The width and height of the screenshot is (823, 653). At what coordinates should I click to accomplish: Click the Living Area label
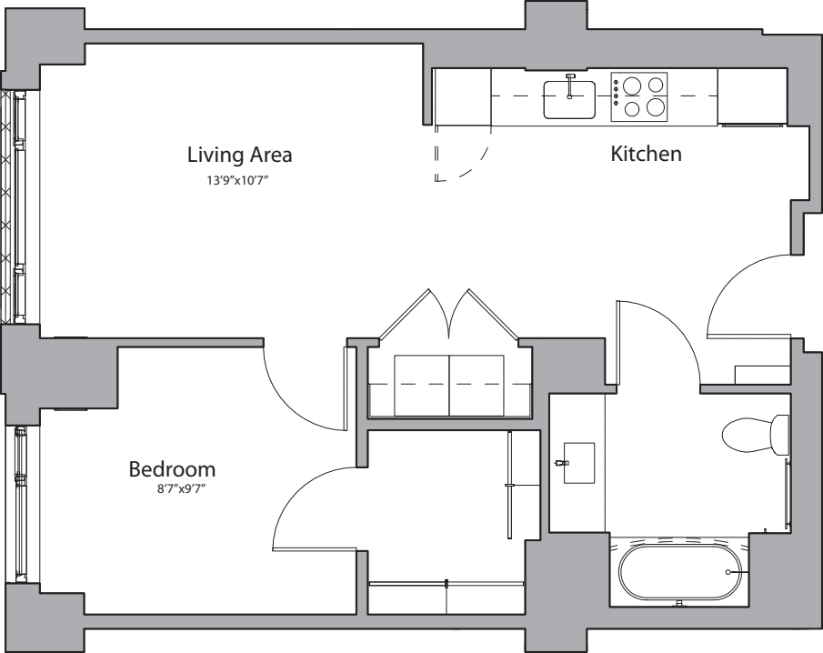(239, 156)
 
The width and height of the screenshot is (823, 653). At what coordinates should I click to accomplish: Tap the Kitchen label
(646, 154)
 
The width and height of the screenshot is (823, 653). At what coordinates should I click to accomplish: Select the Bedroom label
(172, 469)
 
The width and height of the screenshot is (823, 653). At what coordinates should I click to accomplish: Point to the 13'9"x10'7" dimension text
(239, 181)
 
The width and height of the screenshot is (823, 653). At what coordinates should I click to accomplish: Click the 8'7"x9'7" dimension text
(181, 489)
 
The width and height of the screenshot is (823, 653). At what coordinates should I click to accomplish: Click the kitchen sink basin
(569, 99)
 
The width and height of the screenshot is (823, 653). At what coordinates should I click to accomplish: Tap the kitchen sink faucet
(570, 86)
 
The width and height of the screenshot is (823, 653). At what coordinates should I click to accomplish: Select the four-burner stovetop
(638, 97)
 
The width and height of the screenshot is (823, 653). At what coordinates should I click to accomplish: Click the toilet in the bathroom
(756, 435)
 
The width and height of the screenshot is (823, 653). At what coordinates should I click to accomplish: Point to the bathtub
(680, 572)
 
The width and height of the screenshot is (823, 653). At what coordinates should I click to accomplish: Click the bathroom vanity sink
(578, 462)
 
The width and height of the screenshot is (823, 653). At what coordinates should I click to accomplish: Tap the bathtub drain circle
(728, 572)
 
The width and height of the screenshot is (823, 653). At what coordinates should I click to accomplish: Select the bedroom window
(21, 504)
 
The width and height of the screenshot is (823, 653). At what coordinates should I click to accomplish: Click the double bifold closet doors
(448, 315)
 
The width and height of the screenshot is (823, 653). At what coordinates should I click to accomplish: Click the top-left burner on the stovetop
(631, 85)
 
